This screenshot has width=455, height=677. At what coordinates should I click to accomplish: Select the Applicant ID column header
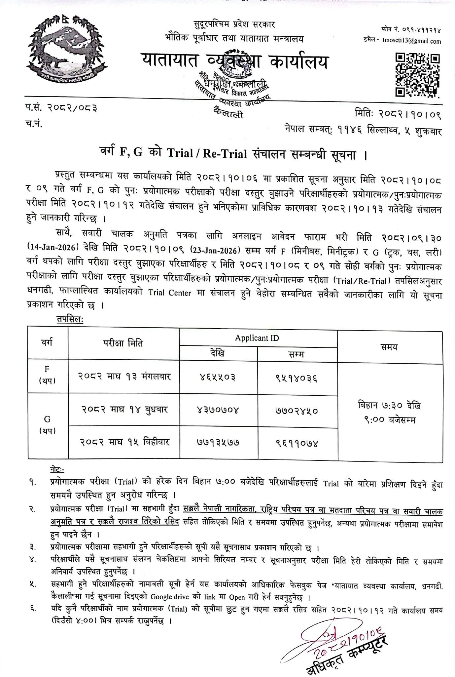[257, 338]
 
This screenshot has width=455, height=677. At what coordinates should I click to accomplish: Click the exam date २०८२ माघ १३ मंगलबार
[124, 377]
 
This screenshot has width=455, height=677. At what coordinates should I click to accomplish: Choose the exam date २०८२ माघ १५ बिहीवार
[124, 442]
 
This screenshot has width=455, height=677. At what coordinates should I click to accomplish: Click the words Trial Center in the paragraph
[169, 293]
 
